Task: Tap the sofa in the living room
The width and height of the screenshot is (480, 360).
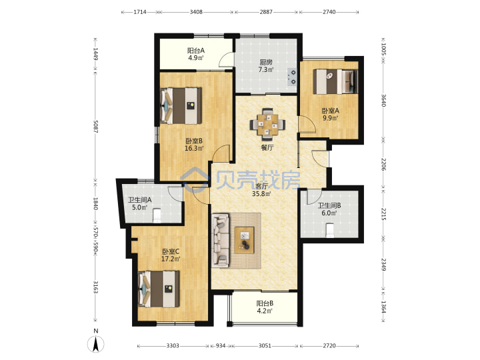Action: point(221,240)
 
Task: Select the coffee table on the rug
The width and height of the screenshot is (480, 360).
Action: point(244,240)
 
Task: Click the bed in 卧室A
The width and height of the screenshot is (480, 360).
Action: point(335,81)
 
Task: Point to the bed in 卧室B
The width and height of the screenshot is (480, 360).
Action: point(181,105)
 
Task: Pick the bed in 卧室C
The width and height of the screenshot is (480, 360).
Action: point(159,289)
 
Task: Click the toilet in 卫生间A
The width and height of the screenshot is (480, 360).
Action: point(157,215)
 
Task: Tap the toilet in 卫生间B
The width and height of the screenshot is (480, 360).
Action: point(330,231)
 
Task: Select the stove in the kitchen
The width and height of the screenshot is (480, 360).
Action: point(293,77)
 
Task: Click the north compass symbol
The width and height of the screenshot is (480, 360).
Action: point(96,341)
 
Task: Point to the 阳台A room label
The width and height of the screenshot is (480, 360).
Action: point(196,50)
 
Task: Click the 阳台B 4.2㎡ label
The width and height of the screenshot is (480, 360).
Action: point(265,307)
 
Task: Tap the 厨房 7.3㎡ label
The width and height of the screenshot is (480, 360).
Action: point(266,66)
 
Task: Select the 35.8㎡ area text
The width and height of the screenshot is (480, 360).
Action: point(261,193)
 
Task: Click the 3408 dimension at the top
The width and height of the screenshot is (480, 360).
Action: point(196,12)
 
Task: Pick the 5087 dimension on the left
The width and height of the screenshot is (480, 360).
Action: point(95,127)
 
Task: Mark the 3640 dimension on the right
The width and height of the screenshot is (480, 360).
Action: point(383,100)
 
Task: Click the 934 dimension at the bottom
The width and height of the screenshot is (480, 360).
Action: point(221,346)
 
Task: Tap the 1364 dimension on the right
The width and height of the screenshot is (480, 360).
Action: point(383,306)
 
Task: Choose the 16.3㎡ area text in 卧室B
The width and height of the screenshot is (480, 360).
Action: point(194,149)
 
